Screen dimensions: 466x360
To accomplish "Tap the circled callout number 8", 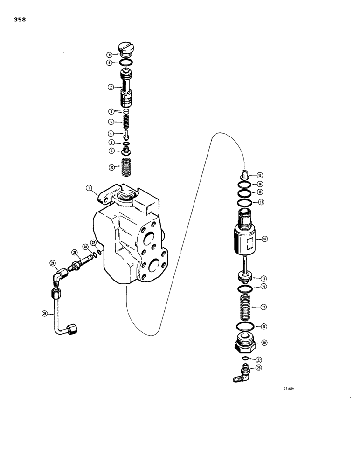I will click(109, 54).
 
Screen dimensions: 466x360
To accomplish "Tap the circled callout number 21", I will click(74, 252).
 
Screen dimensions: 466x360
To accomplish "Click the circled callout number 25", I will click(44, 314).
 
